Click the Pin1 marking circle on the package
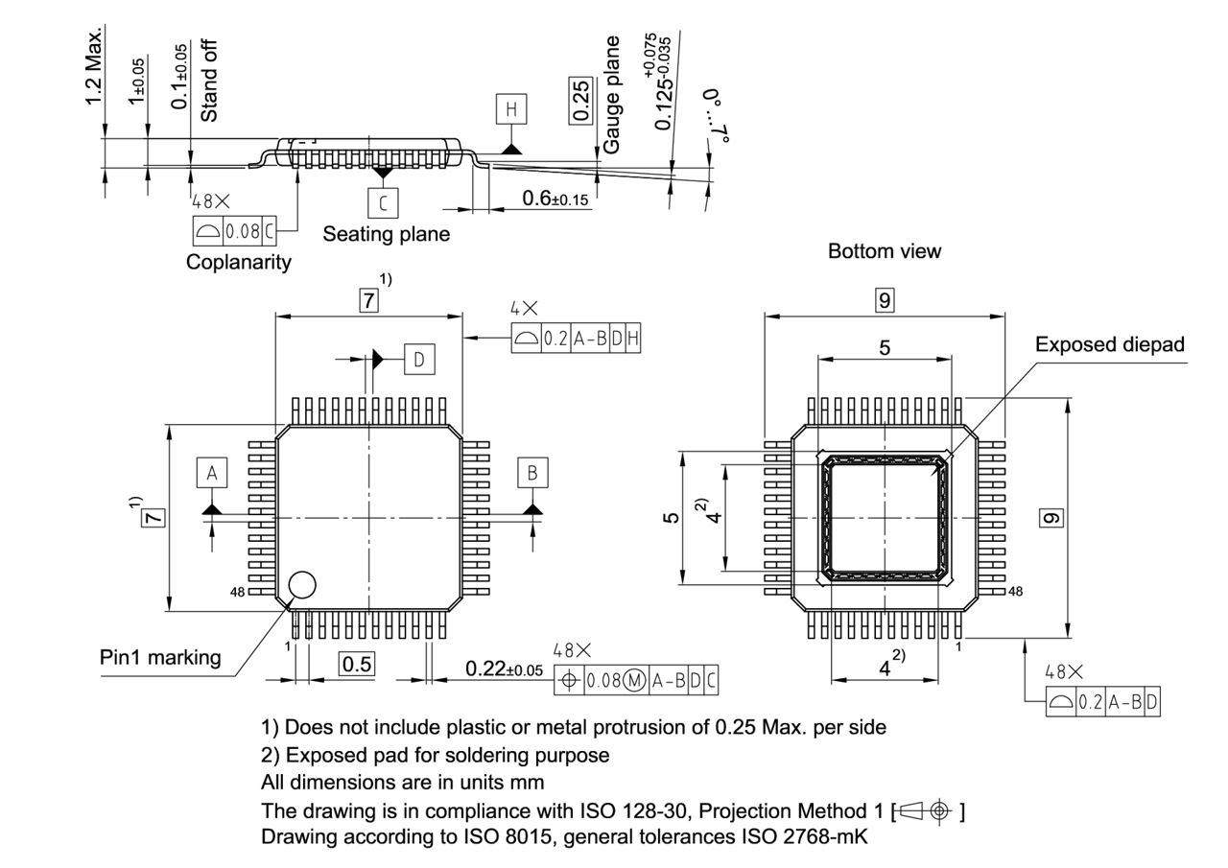(301, 584)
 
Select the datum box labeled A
(212, 473)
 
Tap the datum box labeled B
(532, 473)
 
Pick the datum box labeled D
(419, 359)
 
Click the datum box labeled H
(510, 110)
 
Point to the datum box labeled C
(384, 202)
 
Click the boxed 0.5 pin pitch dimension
(357, 664)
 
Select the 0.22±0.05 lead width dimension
(504, 668)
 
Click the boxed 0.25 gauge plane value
(581, 100)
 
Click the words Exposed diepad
(1109, 344)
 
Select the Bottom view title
(885, 251)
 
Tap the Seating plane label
(386, 233)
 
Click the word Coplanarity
(239, 262)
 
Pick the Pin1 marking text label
(160, 658)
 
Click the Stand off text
(209, 82)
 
